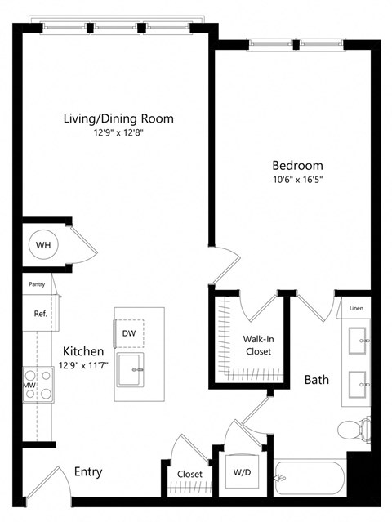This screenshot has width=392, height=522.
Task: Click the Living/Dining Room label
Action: coord(118,118)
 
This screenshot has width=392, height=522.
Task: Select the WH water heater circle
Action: coord(42,243)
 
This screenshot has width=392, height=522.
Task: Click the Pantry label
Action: coord(37,284)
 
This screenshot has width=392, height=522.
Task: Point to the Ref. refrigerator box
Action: coord(39,313)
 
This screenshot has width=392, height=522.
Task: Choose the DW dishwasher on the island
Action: coord(129,333)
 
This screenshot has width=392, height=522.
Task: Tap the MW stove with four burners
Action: coord(38,385)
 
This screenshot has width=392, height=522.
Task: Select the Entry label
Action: coord(87,471)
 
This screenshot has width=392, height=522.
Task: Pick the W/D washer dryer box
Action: coord(243,471)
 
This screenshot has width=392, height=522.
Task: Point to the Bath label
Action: coord(316,380)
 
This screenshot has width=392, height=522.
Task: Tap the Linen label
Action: coord(356,309)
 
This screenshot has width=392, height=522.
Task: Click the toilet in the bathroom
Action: coord(353,427)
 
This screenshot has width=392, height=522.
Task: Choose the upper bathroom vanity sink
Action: coord(357,339)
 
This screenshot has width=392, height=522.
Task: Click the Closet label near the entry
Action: coord(189,473)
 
